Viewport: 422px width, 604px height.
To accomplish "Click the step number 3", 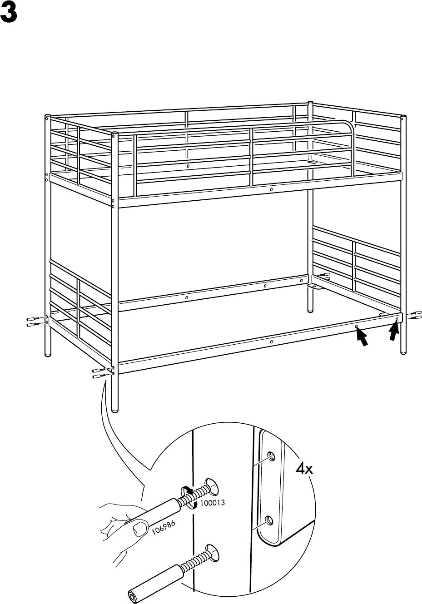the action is pos(9,15).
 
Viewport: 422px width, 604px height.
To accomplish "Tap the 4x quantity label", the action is pos(304,469).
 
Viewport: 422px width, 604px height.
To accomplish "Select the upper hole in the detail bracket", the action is pos(271,455).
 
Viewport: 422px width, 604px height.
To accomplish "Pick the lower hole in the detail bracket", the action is pos(269,520).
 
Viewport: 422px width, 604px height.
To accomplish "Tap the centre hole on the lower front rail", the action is pos(271,341).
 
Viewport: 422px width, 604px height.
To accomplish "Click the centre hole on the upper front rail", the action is pos(271,189).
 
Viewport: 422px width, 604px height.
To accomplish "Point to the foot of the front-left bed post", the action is pos(115,409).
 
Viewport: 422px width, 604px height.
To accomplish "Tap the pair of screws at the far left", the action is pos(35,322).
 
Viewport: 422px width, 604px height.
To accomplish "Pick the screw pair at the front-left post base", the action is pos(100,373).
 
